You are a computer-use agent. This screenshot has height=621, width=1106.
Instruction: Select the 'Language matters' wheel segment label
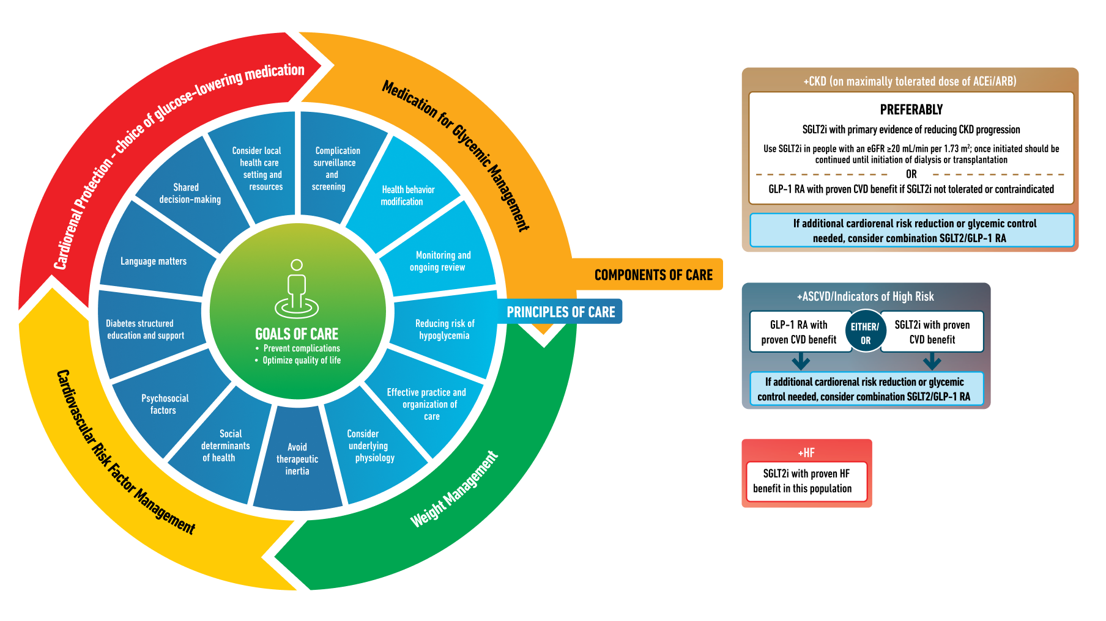coord(154,261)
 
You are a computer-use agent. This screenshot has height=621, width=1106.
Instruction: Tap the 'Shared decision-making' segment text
coord(189,193)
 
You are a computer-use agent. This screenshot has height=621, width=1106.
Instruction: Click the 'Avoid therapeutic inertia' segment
coord(297,459)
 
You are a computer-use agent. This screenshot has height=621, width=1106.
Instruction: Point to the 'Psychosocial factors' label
coord(165,404)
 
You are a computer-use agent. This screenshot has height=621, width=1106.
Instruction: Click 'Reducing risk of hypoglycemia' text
coord(444,329)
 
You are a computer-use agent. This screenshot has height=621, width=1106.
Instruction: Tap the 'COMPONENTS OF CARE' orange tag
coord(653,275)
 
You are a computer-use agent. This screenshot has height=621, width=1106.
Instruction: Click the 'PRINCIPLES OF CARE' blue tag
coord(560,312)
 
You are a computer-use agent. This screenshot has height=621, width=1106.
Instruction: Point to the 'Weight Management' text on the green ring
coord(455,490)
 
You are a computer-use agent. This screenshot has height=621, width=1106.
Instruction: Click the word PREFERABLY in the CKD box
coord(911,110)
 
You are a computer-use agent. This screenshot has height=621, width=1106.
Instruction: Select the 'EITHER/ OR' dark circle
coord(865,333)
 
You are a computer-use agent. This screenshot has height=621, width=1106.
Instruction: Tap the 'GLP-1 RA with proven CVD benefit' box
coord(798,332)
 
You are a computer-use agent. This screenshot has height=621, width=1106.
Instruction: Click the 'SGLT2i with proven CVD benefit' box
coord(932,332)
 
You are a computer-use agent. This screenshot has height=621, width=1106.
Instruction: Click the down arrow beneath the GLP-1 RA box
coord(800,362)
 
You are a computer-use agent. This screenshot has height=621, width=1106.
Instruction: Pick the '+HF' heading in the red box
coord(806,453)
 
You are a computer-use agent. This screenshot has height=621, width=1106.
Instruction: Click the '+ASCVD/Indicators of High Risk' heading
coord(865,297)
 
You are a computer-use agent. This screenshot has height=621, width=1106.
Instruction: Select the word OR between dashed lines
coord(911,174)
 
